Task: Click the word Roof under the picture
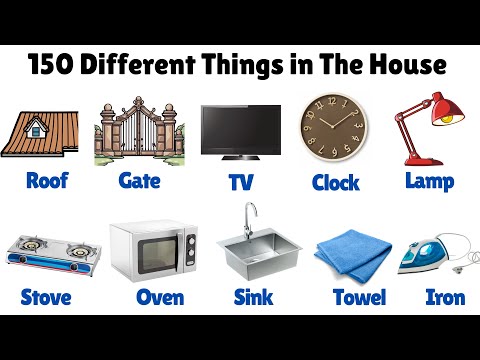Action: click(46, 181)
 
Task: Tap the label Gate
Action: click(139, 181)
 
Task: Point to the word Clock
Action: click(334, 182)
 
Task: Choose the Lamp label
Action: click(429, 181)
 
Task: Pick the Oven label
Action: click(159, 297)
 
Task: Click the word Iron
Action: click(444, 297)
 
